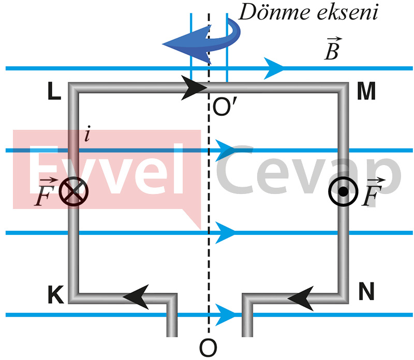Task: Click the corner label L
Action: click(x=54, y=92)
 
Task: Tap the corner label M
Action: click(x=366, y=92)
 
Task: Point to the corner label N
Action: click(x=366, y=293)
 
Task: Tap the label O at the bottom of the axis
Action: click(x=208, y=348)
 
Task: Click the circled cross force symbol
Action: click(x=73, y=192)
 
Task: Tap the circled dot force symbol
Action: click(x=343, y=192)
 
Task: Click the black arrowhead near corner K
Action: click(x=136, y=295)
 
